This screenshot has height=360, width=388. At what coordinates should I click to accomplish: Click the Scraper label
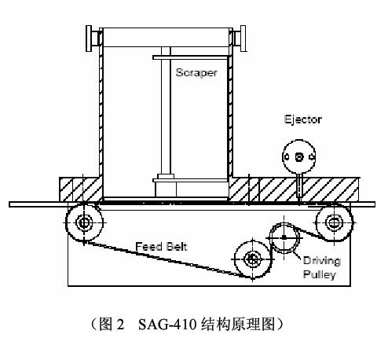196,73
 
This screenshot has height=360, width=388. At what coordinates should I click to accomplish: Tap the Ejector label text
303,119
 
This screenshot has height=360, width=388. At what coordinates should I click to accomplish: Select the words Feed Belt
161,247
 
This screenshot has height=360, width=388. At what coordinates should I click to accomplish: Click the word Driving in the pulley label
322,261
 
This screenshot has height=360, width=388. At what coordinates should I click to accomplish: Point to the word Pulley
319,274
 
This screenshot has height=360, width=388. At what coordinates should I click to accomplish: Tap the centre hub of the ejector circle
299,157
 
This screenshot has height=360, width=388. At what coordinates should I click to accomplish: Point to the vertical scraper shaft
166,110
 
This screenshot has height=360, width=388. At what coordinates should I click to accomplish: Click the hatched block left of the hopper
81,189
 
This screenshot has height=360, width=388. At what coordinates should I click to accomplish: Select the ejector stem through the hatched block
299,186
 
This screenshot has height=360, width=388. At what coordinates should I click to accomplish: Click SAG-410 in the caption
167,324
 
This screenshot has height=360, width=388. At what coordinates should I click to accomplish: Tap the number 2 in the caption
120,325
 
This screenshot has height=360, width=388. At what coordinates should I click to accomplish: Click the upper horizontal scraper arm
190,57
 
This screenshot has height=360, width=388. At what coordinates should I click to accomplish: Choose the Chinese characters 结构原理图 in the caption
239,324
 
